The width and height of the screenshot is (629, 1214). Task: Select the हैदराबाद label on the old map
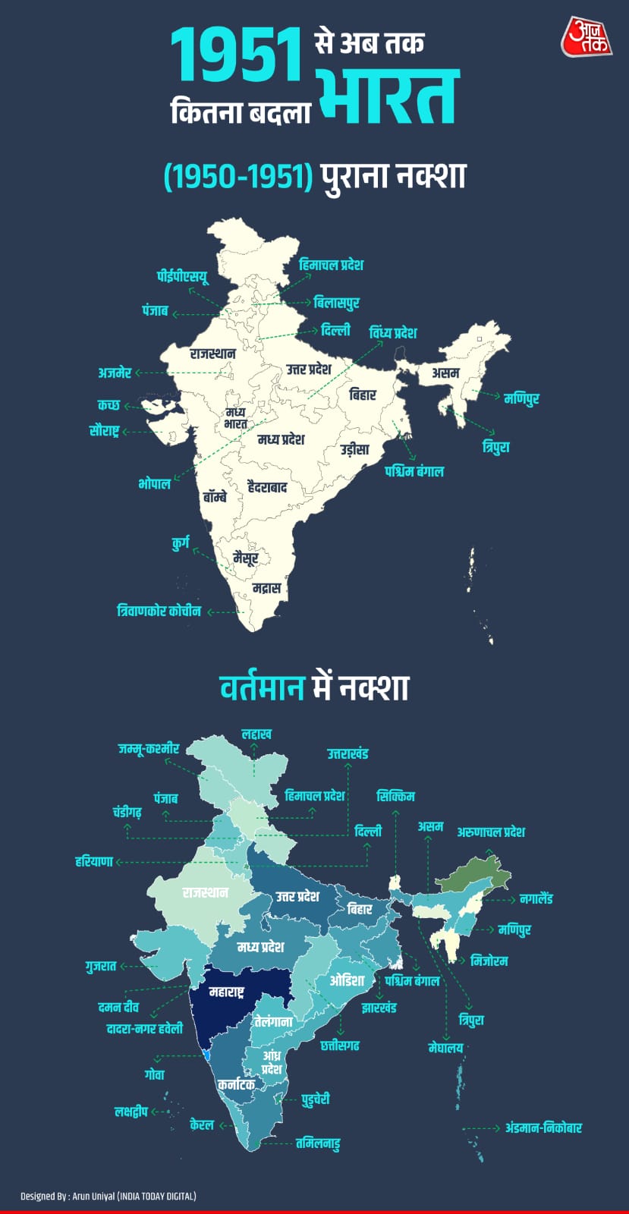point(267,488)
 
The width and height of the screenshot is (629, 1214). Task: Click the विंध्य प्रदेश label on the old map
point(392,333)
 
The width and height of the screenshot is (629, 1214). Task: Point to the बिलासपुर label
point(336,303)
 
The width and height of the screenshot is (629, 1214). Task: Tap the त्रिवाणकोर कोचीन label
point(159,611)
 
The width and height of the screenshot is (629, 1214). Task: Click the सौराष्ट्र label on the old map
point(104,432)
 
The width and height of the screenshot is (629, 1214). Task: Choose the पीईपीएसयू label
point(182,275)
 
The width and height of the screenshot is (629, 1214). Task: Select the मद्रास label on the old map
point(266,588)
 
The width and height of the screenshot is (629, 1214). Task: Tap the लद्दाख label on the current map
point(256,734)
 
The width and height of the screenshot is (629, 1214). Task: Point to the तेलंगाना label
point(273,1022)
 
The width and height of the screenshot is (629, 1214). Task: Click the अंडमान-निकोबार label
point(543,1128)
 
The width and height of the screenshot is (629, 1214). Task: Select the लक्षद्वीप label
point(131,1112)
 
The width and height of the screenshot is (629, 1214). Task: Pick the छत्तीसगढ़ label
point(339,1046)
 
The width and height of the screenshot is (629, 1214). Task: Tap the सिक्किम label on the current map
point(395,797)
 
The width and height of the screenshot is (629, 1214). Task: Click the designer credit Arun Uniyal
point(108,1197)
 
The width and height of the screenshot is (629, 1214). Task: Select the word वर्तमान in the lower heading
point(263,688)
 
